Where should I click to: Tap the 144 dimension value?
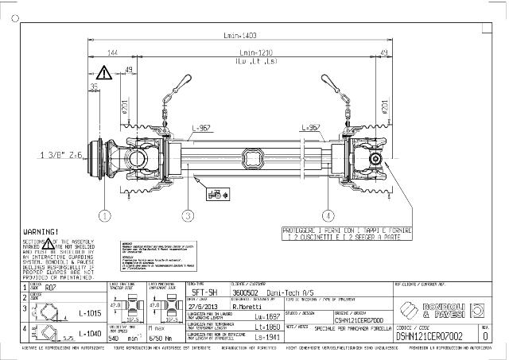(112, 52)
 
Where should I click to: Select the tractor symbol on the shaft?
(213, 193)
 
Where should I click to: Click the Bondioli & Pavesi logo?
(435, 308)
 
